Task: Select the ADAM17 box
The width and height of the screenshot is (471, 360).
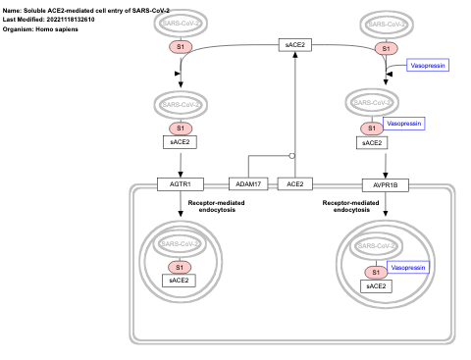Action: point(247,183)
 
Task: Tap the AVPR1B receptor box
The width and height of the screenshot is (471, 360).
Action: point(385,183)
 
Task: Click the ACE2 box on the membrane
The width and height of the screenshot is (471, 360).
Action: point(294,183)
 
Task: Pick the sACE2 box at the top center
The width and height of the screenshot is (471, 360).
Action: point(294,45)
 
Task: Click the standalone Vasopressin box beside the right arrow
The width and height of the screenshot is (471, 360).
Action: point(426,66)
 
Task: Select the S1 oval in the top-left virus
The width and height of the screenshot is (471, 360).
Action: point(180,47)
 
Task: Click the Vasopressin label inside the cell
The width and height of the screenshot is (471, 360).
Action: point(407,267)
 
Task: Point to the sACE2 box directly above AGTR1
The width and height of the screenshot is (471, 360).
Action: point(180,142)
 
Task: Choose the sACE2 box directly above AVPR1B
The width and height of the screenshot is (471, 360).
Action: point(372,142)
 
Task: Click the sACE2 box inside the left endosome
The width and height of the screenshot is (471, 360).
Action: point(180,281)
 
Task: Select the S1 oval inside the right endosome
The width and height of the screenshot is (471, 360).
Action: point(374,272)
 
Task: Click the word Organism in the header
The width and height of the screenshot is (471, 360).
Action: point(21,28)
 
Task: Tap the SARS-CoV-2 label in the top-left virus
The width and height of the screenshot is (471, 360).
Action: point(180,23)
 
